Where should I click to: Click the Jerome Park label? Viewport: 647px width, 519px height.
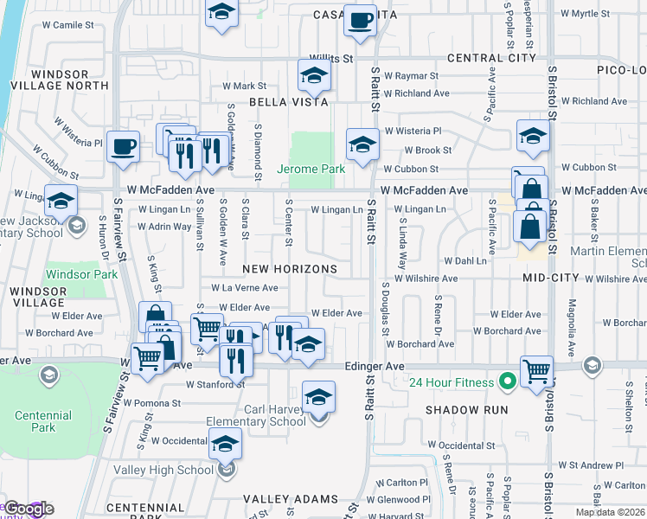point(311,170)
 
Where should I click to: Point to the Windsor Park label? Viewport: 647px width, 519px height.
point(81,274)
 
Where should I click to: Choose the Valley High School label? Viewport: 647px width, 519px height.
point(163,470)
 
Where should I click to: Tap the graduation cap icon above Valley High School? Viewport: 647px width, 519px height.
point(225,445)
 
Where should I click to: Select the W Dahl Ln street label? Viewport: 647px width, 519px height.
point(465,259)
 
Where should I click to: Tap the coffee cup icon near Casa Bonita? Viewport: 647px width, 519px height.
point(360,21)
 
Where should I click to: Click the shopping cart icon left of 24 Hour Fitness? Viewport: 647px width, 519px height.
point(537,371)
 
